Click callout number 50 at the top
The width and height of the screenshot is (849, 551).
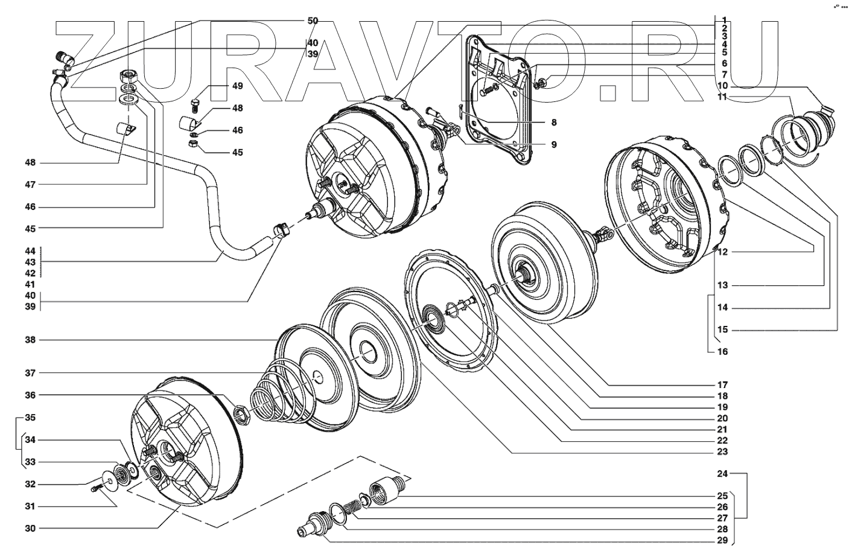(x=312, y=21)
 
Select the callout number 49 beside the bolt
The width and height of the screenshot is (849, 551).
(x=237, y=86)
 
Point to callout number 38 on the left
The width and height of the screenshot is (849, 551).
(x=30, y=340)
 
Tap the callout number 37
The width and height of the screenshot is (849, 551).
(x=30, y=373)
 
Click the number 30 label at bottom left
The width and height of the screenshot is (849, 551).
(x=30, y=528)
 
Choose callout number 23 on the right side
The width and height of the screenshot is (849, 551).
(x=722, y=451)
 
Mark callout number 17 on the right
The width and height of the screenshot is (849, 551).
(x=722, y=384)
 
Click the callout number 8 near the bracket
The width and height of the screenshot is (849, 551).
(x=553, y=123)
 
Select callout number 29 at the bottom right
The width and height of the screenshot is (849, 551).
(x=722, y=540)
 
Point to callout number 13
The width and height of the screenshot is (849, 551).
(x=722, y=285)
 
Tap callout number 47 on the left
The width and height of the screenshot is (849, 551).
(x=30, y=184)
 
